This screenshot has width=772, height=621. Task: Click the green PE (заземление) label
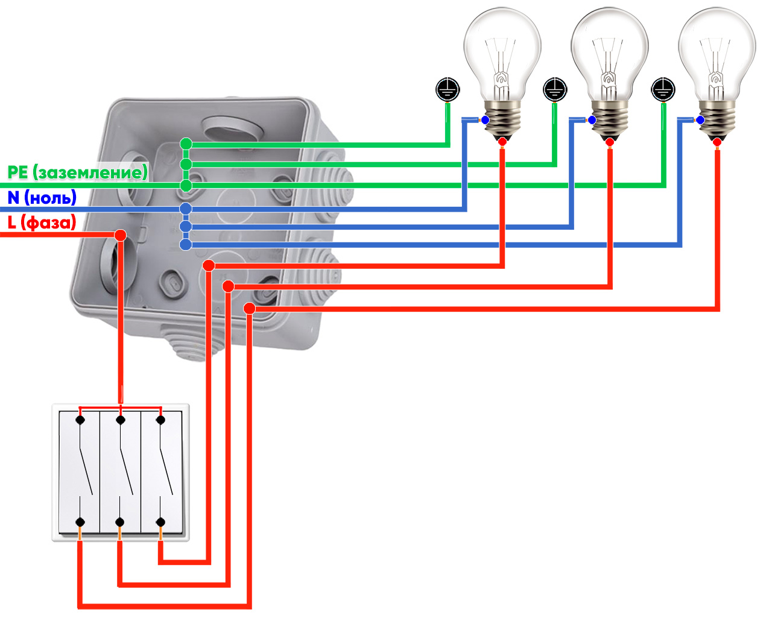(77, 172)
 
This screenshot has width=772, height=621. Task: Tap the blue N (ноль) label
(42, 198)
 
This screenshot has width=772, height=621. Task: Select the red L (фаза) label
(42, 222)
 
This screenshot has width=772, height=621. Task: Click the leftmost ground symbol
(448, 90)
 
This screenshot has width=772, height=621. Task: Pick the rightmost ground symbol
(663, 90)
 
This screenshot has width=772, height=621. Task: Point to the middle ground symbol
(555, 90)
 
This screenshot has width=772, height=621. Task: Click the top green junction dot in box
(186, 143)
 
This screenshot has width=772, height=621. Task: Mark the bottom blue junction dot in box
(186, 244)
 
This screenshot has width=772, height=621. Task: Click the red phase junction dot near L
(121, 235)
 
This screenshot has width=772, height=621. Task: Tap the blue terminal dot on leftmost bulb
(485, 120)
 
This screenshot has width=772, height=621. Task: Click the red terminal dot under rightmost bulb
(717, 142)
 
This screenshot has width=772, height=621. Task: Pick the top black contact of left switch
(80, 420)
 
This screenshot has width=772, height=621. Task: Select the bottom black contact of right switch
(160, 522)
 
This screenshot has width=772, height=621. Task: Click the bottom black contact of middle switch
(120, 522)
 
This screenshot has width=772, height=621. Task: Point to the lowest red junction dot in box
(249, 309)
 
